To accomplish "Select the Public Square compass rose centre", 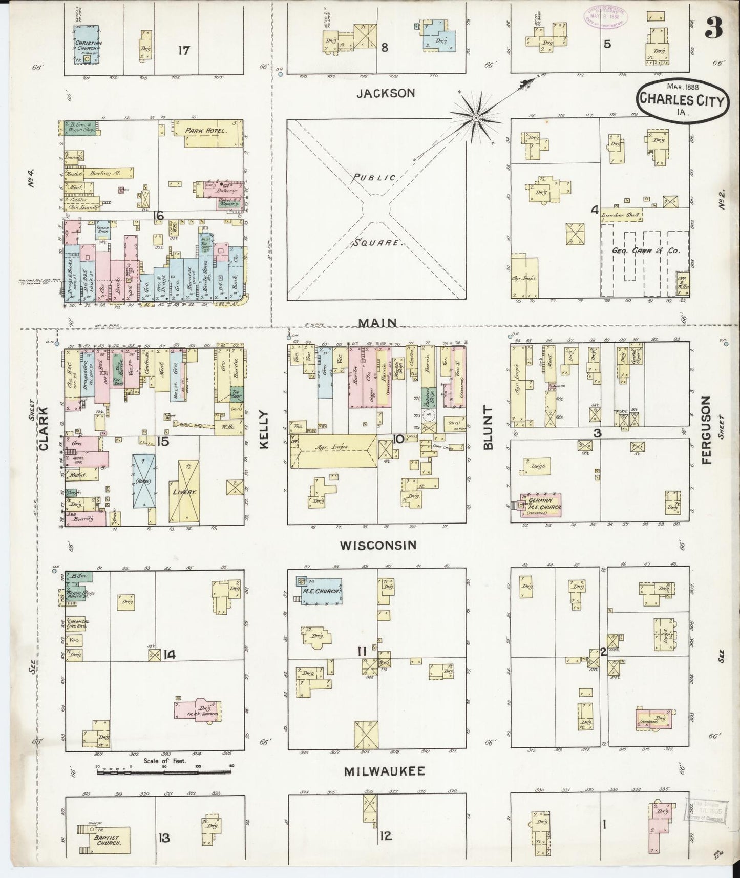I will click(x=476, y=118).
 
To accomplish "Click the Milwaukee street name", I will click(x=384, y=771).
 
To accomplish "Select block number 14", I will click(x=170, y=654).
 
